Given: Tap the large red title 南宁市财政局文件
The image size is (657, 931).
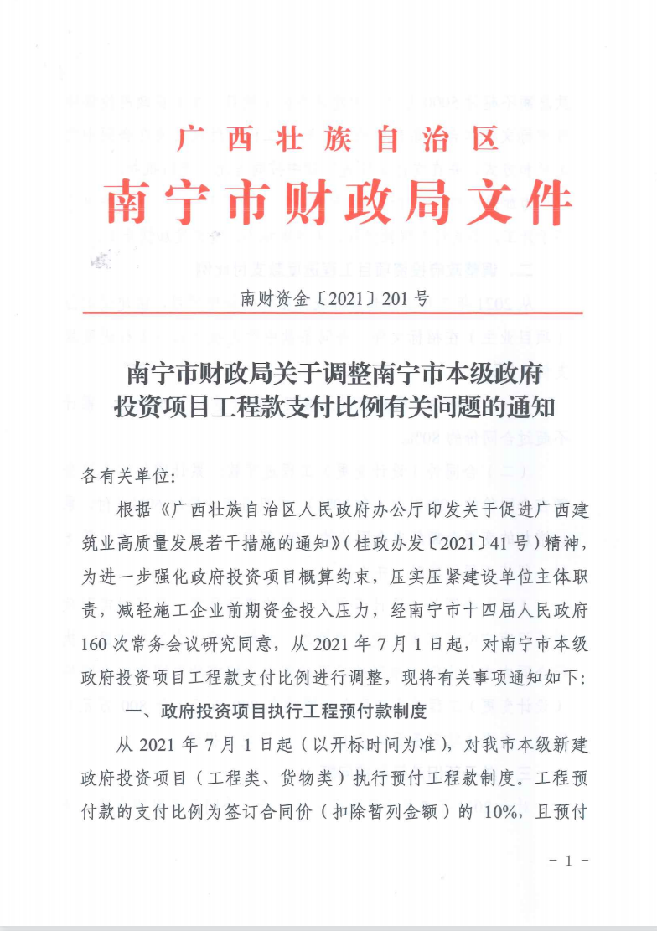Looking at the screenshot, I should (x=339, y=203).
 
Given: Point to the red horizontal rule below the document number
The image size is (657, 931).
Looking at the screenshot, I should (x=333, y=313).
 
